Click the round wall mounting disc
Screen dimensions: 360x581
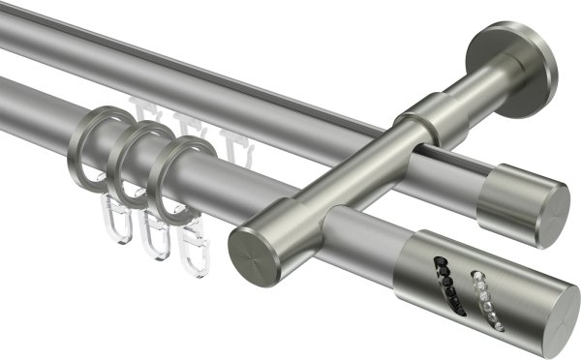coord(514,70)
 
